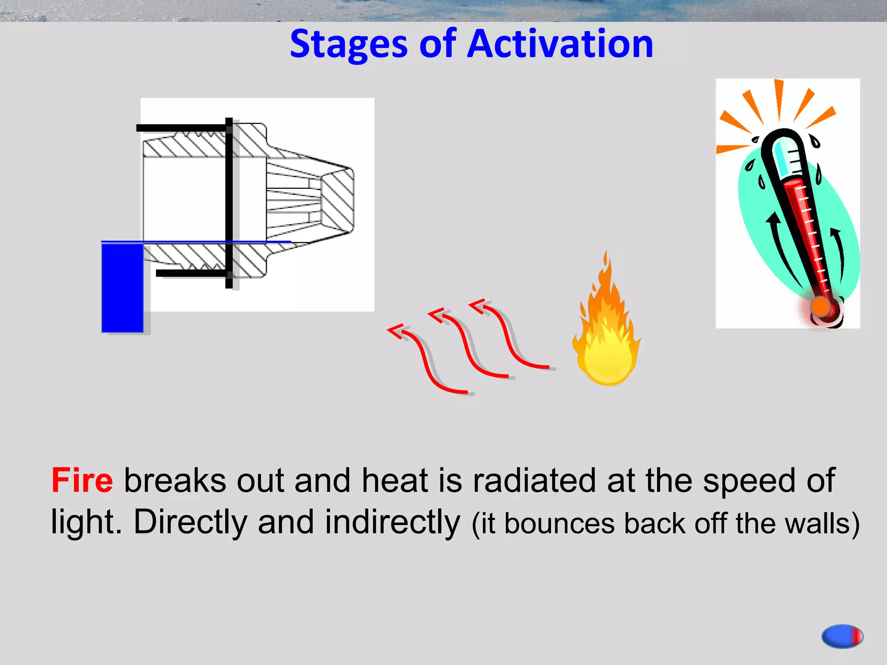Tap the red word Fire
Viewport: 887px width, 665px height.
[x=82, y=481]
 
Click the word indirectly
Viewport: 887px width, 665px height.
[x=392, y=522]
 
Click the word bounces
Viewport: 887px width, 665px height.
[x=560, y=523]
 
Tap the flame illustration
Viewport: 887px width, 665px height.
[x=607, y=333]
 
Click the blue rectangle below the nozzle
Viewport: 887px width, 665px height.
[x=123, y=288]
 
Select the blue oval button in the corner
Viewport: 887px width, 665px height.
[x=842, y=636]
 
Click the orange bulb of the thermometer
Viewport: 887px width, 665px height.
[x=820, y=307]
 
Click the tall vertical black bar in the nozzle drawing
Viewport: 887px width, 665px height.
[x=229, y=203]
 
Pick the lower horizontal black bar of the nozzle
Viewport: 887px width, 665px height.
[x=191, y=273]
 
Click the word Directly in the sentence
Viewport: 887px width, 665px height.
[x=190, y=522]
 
